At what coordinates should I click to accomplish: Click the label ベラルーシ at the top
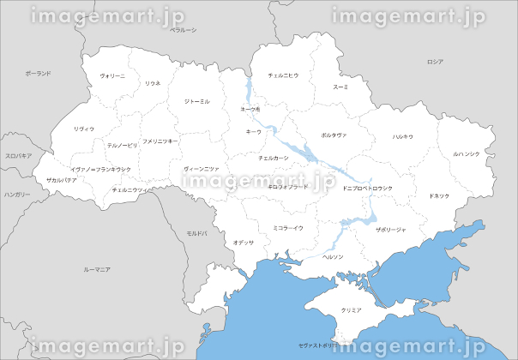click(x=184, y=31)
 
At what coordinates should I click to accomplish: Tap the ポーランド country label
click(x=38, y=75)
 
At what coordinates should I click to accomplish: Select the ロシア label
click(x=435, y=62)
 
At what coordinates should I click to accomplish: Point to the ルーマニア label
click(x=97, y=270)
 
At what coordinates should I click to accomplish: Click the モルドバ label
click(x=198, y=233)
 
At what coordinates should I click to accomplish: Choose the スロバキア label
click(x=18, y=156)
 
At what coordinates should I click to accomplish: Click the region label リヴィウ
click(x=84, y=129)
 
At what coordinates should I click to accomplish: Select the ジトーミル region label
click(x=196, y=102)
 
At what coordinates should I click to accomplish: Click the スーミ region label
click(x=340, y=87)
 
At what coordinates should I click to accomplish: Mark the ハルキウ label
click(x=402, y=137)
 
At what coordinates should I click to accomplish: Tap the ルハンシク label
click(x=467, y=154)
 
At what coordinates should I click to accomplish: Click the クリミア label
click(x=350, y=309)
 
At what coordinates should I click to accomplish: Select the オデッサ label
click(x=244, y=243)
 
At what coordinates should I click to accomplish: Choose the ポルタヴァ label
click(x=334, y=135)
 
